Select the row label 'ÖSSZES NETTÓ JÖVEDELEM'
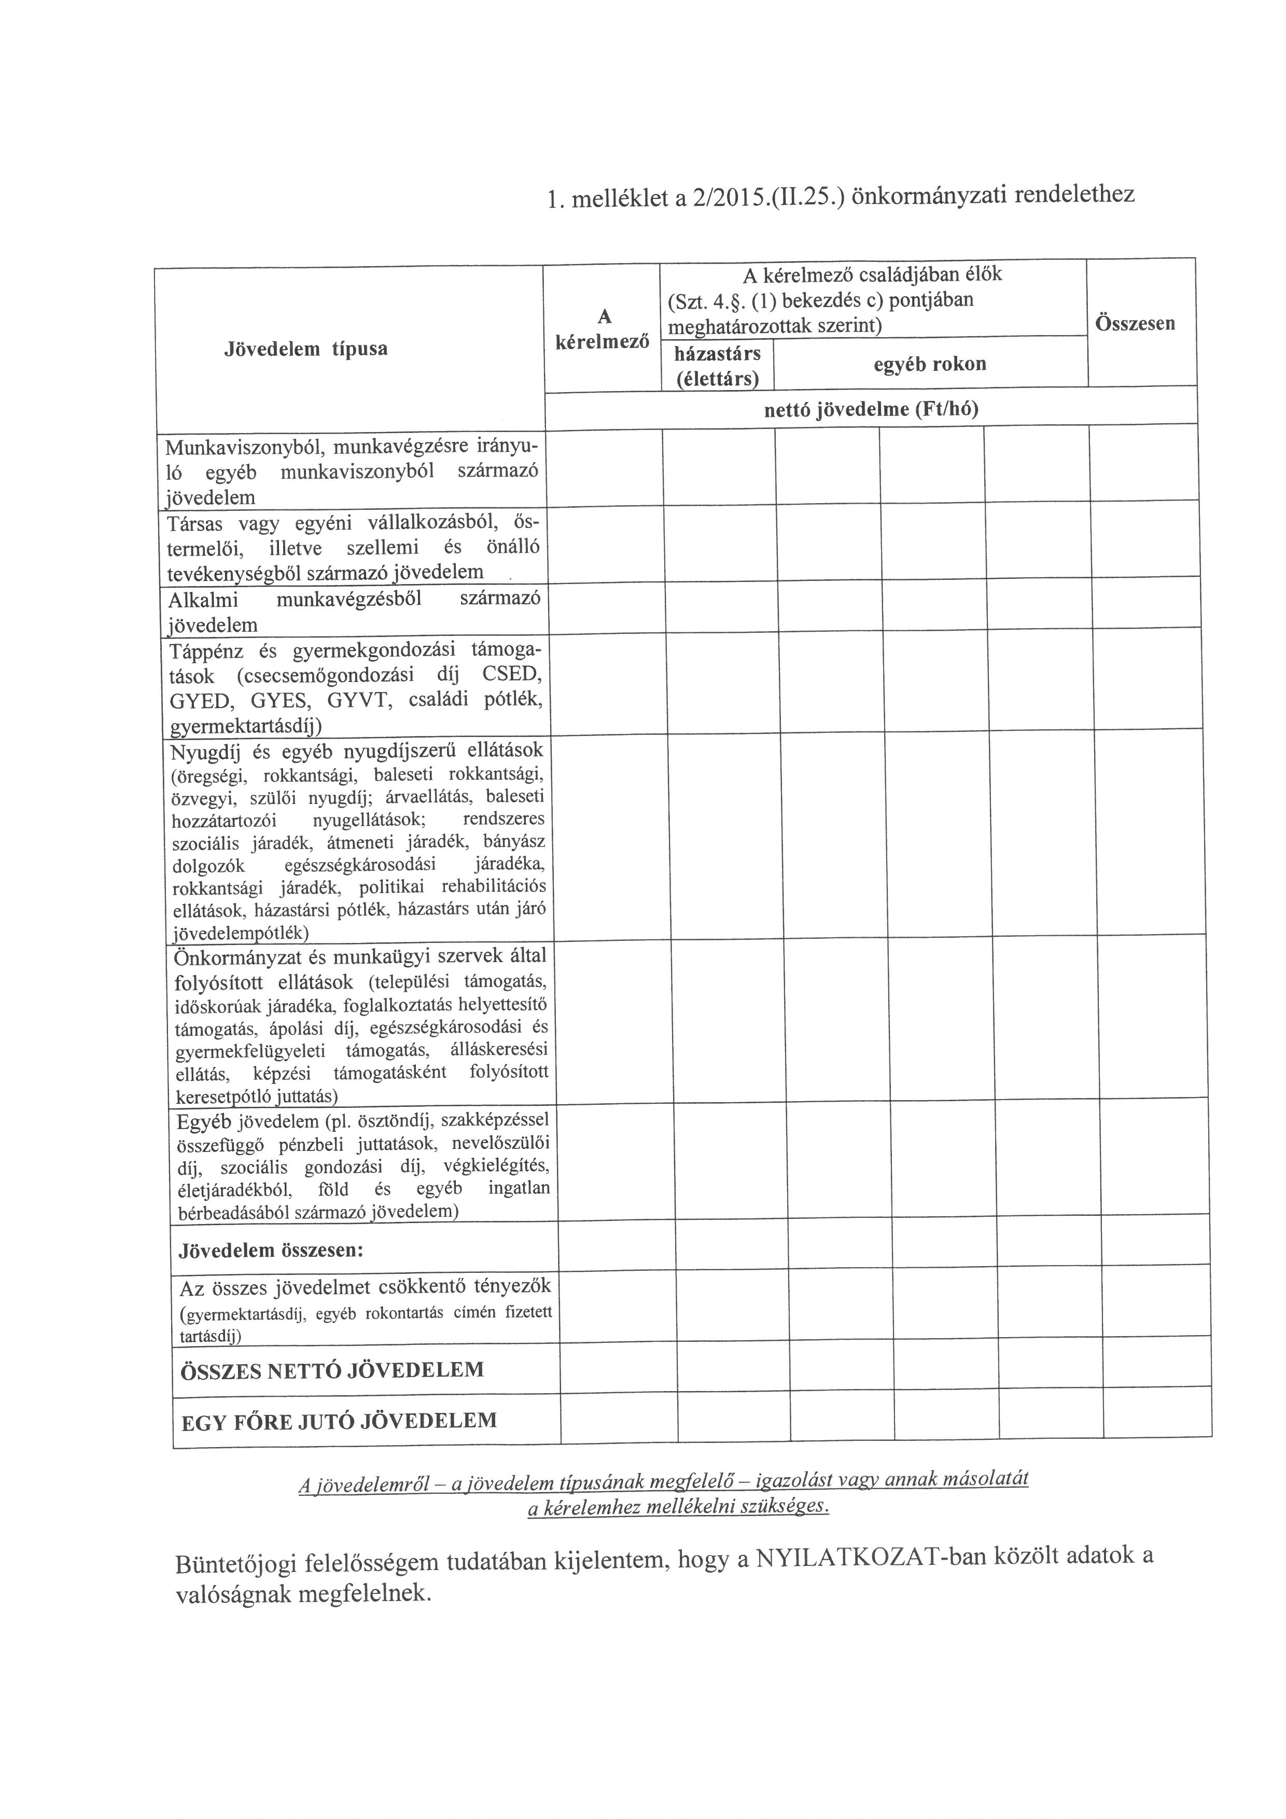332,1370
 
